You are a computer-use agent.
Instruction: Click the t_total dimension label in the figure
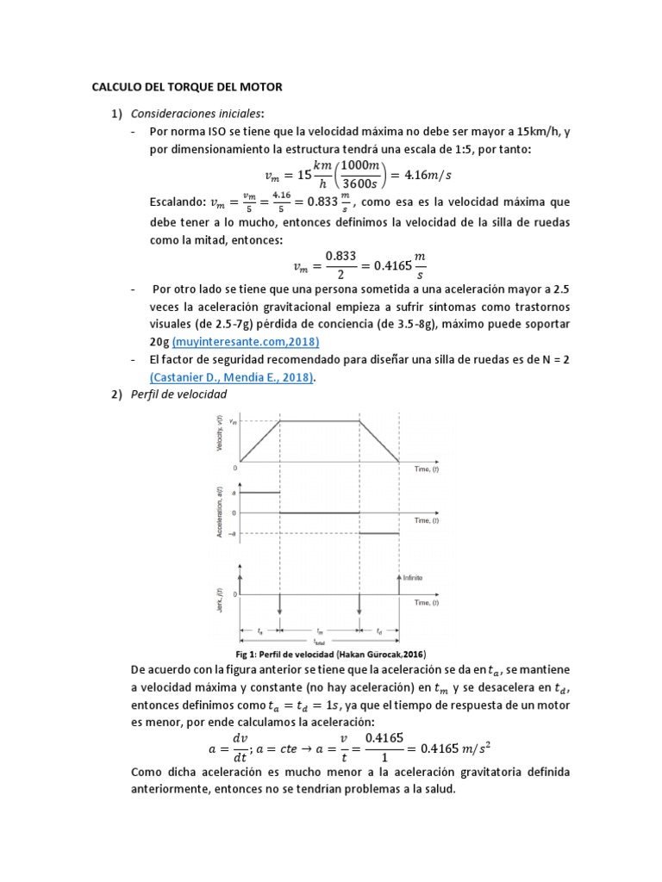pos(319,642)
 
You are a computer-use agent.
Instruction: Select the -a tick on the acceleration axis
pos(233,534)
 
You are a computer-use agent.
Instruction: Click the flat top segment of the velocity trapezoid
pos(319,420)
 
